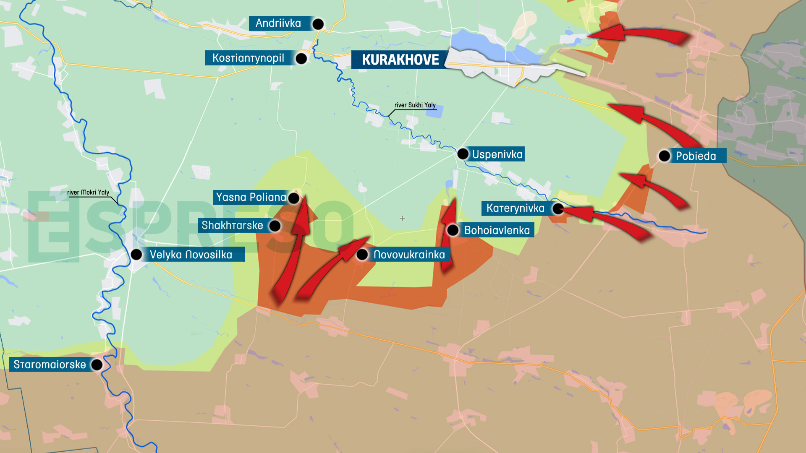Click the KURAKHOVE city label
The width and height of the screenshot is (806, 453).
(400, 60)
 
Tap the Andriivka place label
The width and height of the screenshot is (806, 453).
(278, 23)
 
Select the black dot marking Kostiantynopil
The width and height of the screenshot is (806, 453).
(301, 58)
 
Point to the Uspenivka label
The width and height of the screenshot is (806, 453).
(497, 154)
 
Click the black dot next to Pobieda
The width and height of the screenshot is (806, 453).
(664, 156)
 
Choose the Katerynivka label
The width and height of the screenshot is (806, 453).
(515, 208)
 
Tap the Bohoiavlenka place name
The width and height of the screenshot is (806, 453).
(497, 230)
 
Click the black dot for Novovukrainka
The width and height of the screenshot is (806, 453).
(362, 254)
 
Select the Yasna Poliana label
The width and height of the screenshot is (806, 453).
(251, 197)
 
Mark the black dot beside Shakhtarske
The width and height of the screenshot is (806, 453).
(275, 226)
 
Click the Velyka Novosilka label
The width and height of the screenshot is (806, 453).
(191, 255)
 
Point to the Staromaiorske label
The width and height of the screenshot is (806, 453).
(50, 364)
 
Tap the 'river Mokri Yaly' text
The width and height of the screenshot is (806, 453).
(88, 193)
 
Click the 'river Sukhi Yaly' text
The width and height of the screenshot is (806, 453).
(415, 105)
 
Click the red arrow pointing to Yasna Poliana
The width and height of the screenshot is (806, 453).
(294, 247)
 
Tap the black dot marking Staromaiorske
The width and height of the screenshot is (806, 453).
(97, 364)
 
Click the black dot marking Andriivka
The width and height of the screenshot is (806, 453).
(318, 24)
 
